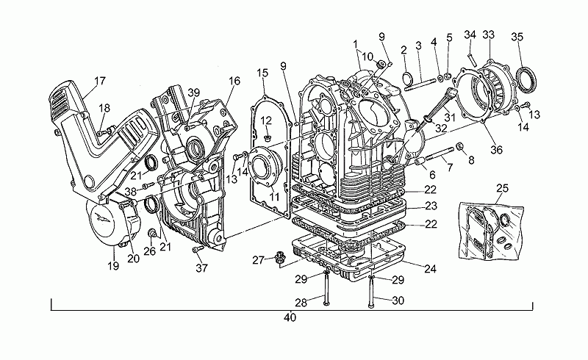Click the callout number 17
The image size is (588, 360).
tap(100, 81)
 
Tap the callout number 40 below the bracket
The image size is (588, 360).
tap(290, 317)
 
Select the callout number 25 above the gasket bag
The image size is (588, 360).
tap(503, 188)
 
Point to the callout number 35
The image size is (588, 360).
tap(517, 37)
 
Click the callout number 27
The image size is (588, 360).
tap(258, 260)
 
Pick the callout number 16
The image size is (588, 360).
tap(234, 81)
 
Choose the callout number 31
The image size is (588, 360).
tap(449, 118)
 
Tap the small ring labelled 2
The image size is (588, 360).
tap(408, 78)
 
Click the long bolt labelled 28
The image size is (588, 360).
tap(325, 289)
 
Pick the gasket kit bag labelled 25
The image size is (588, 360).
tap(491, 229)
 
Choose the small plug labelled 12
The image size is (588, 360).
tap(268, 138)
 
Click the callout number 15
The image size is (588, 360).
tap(262, 73)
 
